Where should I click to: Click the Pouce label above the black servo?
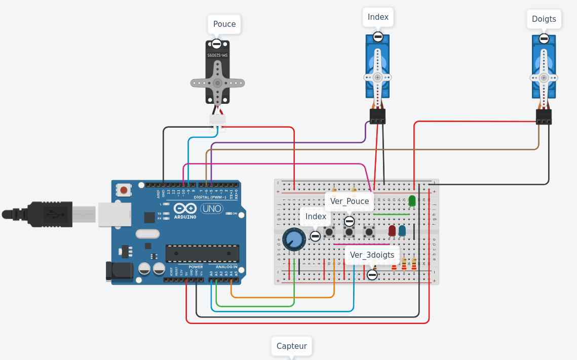pos(224,24)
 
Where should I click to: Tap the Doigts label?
pos(544,19)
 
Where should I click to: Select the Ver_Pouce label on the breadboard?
pos(350,201)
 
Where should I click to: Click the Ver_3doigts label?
pos(372,255)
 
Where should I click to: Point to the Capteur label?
pos(291,346)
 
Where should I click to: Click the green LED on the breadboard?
pos(412,201)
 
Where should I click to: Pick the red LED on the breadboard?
pos(392,231)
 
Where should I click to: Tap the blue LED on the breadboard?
pos(402,231)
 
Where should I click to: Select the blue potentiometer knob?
pos(293,239)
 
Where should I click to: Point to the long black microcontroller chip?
pos(202,253)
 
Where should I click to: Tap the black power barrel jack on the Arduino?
pos(119,271)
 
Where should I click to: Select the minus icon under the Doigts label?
pos(544,38)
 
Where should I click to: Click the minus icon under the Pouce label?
pos(217,44)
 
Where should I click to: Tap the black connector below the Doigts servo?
pos(544,117)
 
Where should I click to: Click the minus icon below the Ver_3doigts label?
pos(372,275)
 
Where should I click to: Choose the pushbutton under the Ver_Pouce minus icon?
pos(349,232)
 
